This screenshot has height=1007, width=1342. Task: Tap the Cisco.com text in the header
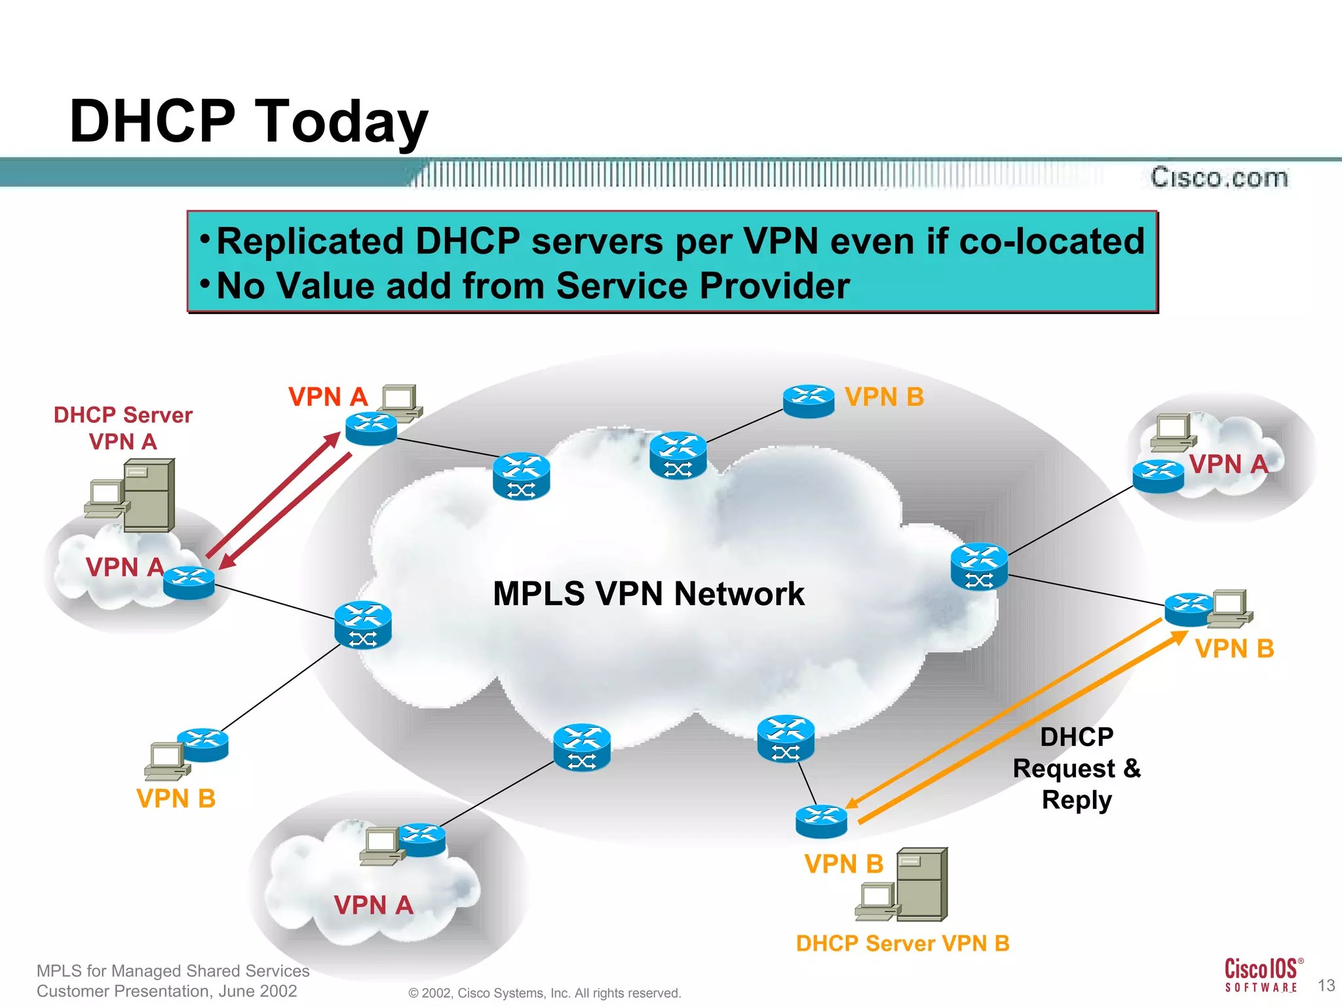pos(1219,178)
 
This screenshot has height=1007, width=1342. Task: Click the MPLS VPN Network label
pos(648,594)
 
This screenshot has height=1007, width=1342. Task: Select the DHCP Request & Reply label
pos(1077,768)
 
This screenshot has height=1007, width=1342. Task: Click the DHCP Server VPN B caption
pos(902,943)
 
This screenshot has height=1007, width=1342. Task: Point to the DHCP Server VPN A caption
pos(123,428)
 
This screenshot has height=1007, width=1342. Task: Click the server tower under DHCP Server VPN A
pos(150,495)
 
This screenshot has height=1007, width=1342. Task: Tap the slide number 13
pos(1326,985)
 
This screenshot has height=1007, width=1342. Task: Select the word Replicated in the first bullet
pos(310,241)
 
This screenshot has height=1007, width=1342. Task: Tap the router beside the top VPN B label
pos(809,401)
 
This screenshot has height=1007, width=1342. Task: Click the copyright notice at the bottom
pos(545,993)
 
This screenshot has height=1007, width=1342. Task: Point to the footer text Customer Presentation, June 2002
pos(167,991)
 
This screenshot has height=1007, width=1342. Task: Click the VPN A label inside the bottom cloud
pos(374,905)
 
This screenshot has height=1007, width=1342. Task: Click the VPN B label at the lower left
pos(176,799)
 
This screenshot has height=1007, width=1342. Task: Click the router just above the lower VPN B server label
pos(821,821)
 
